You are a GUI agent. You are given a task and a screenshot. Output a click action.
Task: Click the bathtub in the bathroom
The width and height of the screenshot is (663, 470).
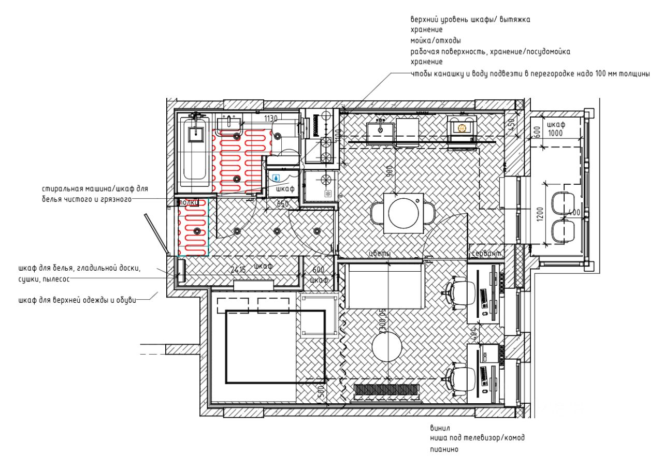195,153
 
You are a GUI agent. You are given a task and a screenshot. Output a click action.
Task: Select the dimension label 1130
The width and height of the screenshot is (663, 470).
271,119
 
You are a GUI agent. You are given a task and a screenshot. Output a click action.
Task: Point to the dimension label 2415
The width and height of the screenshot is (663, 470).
238,269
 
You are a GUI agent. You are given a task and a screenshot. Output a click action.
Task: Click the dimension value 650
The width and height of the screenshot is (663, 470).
282,204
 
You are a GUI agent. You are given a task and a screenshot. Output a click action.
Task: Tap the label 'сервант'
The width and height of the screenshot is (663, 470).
486,254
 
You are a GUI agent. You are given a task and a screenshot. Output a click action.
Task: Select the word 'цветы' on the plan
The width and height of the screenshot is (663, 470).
379,254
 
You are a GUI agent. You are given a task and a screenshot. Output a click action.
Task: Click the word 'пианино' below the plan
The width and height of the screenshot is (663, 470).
444,449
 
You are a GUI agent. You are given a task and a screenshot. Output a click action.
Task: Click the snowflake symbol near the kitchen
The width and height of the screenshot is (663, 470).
327,194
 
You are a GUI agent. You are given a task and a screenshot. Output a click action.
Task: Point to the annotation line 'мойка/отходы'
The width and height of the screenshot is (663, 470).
436,40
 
